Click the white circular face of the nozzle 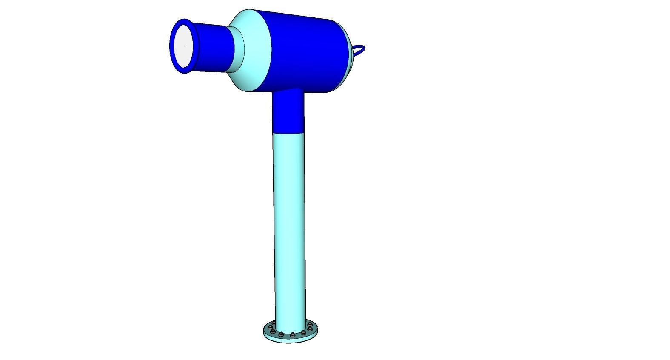[x=185, y=46]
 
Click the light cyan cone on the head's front [x=255, y=51]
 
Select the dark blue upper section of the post [x=288, y=113]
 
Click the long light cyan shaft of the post [x=289, y=221]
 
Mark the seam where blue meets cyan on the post [x=288, y=133]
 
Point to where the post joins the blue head [x=288, y=92]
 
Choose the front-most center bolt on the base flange [x=292, y=334]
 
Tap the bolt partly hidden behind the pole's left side [x=273, y=324]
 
